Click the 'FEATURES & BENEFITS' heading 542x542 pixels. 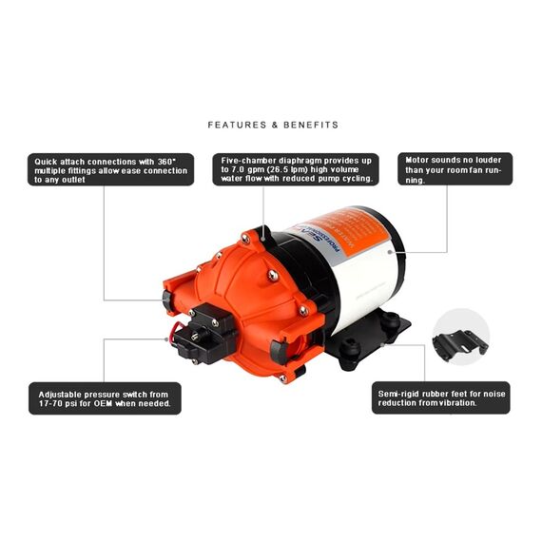273,125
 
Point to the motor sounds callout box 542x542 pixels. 455,169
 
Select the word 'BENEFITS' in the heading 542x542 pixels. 308,125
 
